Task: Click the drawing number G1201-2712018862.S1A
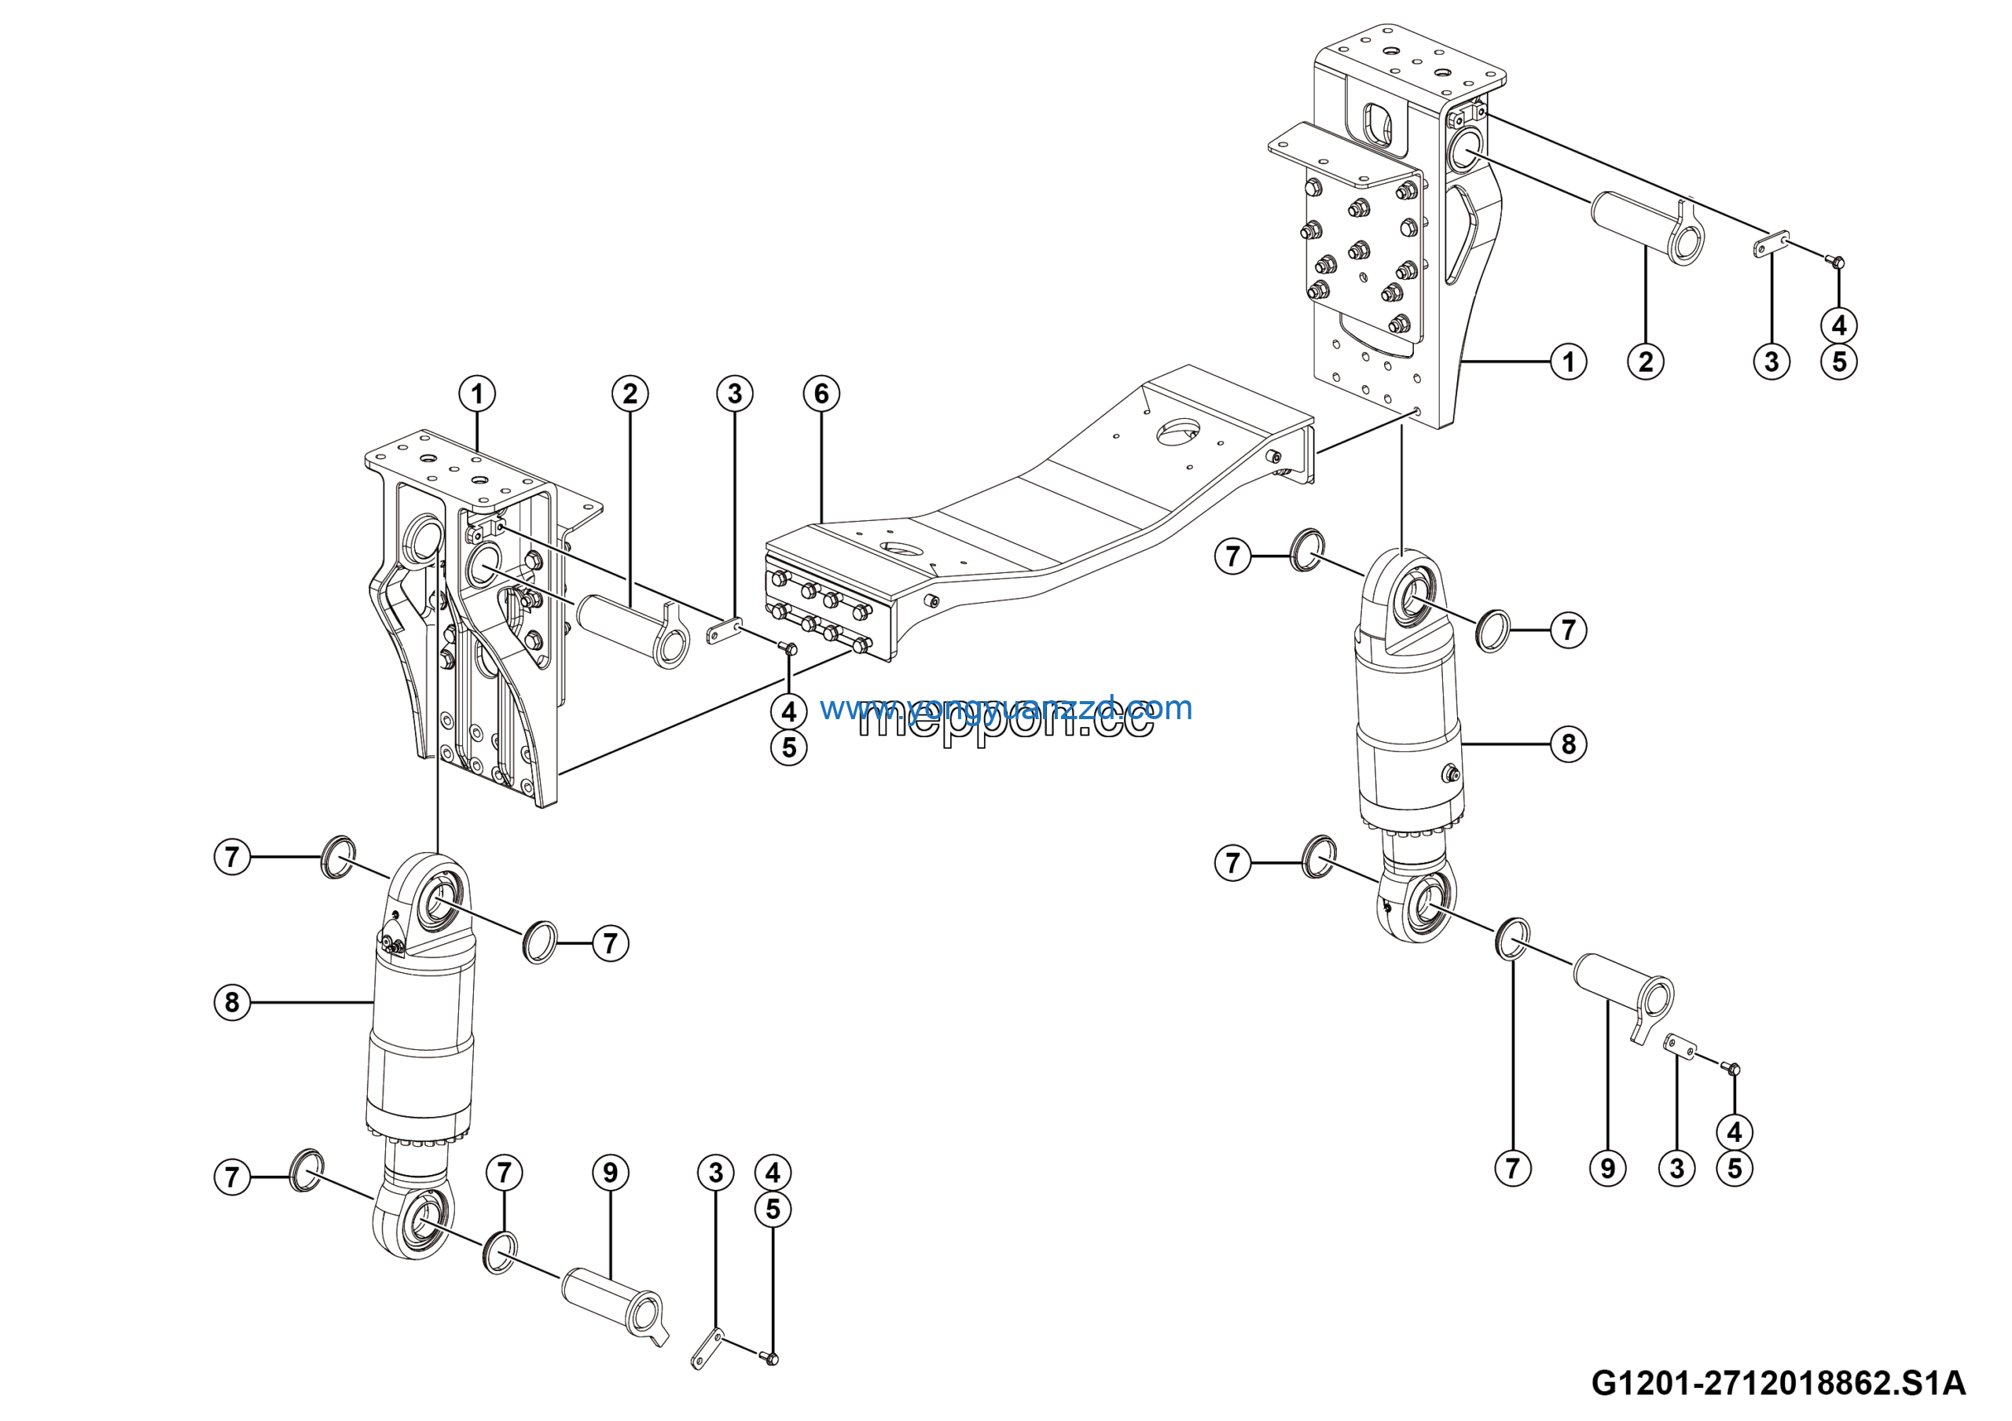pyautogui.click(x=1778, y=1383)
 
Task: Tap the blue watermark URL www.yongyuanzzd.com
pyautogui.click(x=1005, y=707)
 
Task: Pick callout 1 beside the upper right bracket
pyautogui.click(x=1568, y=361)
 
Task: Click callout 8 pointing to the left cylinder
pyautogui.click(x=232, y=1001)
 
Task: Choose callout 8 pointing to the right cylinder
pyautogui.click(x=1568, y=744)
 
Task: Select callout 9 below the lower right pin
pyautogui.click(x=1607, y=1168)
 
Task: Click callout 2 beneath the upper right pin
pyautogui.click(x=1645, y=361)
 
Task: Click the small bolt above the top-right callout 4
pyautogui.click(x=1838, y=260)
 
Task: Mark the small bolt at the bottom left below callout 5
pyautogui.click(x=771, y=1359)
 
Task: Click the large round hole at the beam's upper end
pyautogui.click(x=1178, y=432)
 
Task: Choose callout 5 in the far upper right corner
pyautogui.click(x=1838, y=361)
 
